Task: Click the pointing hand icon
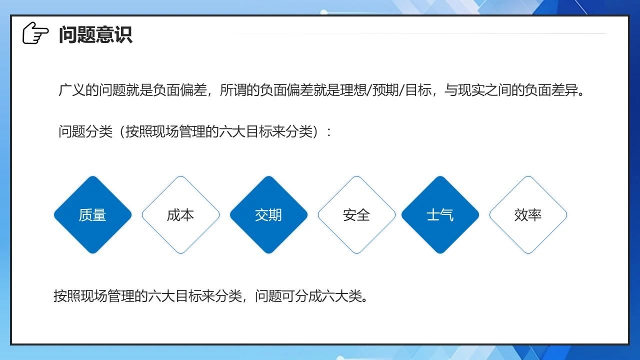[x=35, y=33]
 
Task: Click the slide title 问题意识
[x=95, y=34]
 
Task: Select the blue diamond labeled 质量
[x=92, y=215]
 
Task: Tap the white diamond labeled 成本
[x=180, y=215]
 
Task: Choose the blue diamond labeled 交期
[x=268, y=215]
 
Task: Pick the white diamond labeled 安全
[x=356, y=215]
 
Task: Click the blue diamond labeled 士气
[x=440, y=215]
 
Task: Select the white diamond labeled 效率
[x=528, y=215]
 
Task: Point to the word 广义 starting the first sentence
[x=71, y=90]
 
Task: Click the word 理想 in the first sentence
[x=353, y=90]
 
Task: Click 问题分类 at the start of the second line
[x=85, y=131]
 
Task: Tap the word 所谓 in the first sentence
[x=233, y=90]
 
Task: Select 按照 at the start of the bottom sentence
[x=67, y=295]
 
